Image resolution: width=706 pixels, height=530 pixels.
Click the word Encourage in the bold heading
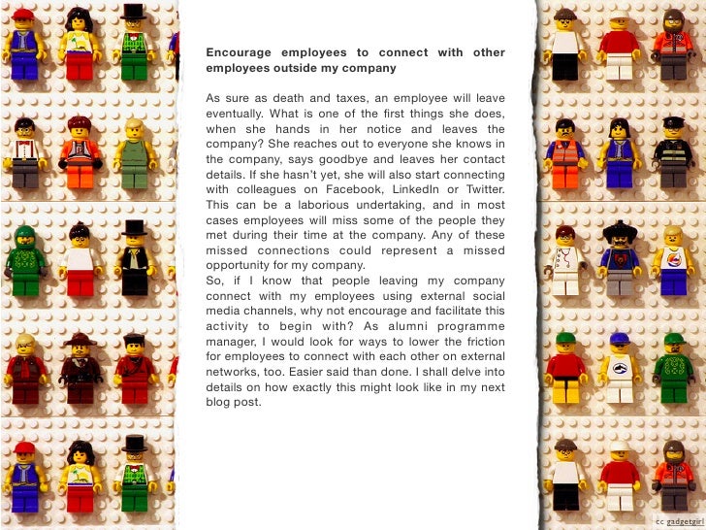(238, 52)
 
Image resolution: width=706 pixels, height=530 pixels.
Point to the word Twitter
(482, 189)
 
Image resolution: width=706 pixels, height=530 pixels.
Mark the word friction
(479, 341)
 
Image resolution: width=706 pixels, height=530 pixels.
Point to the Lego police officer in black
(672, 150)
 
